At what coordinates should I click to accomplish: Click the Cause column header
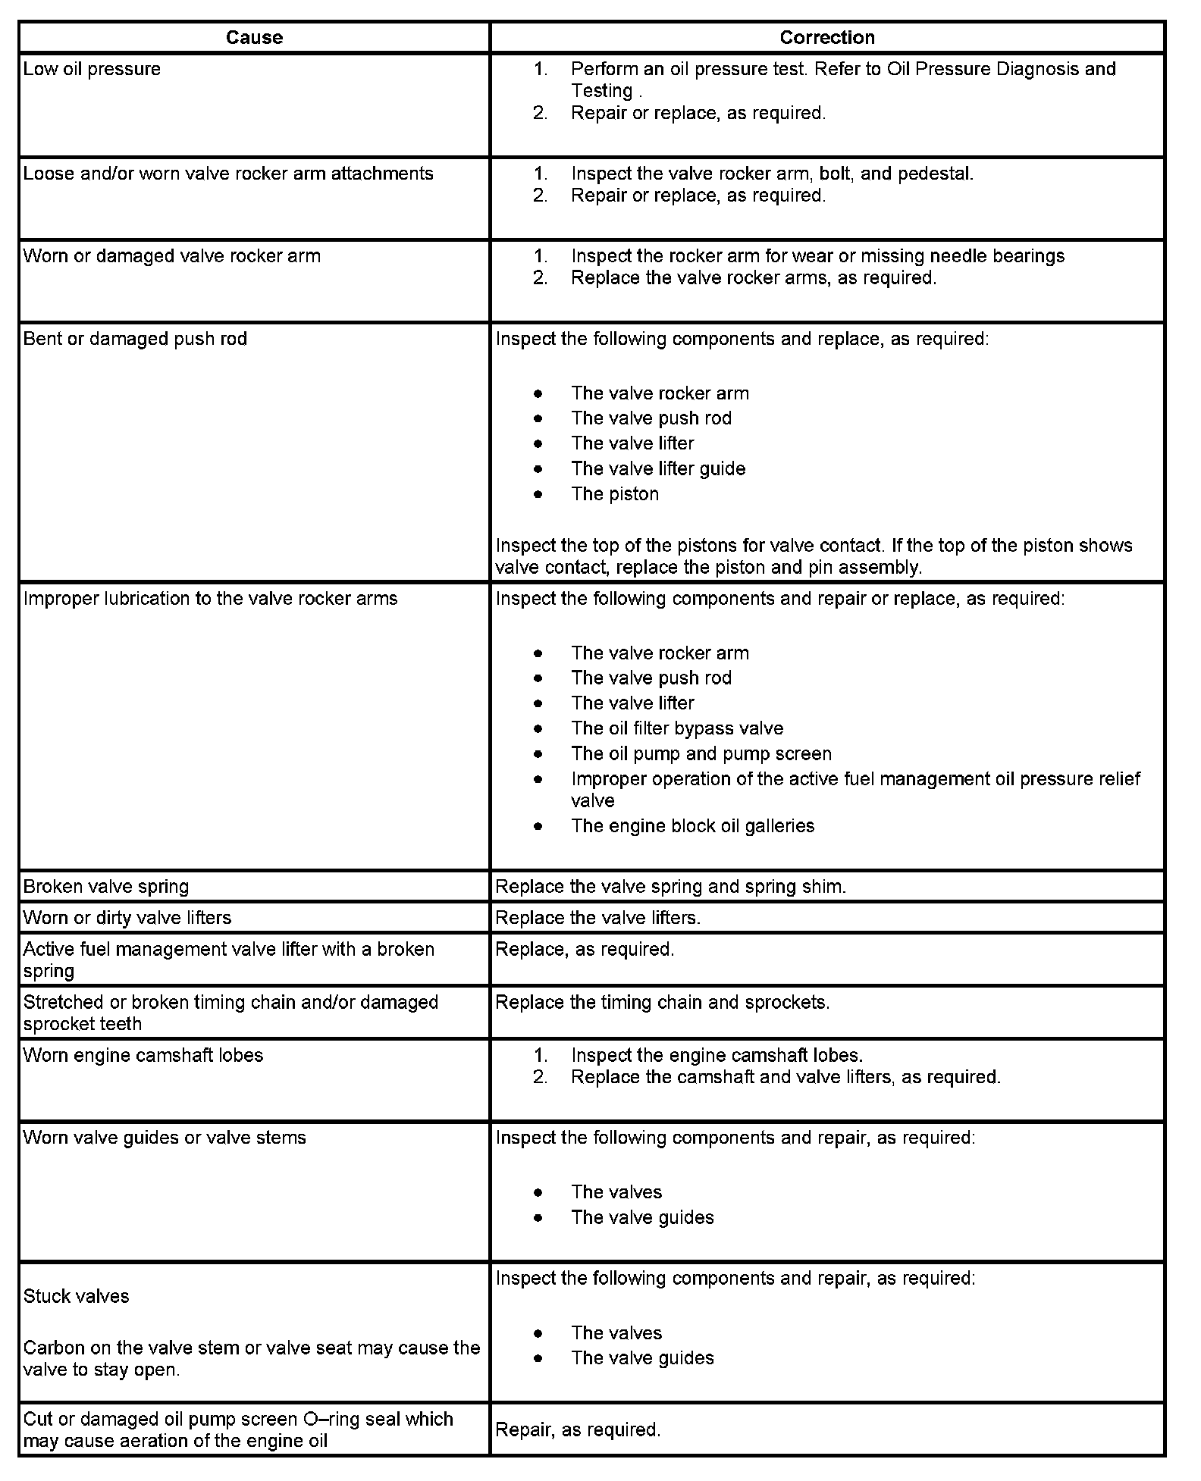tap(254, 38)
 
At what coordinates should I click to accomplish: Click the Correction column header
tap(826, 38)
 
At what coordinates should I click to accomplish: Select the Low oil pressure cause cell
tap(92, 69)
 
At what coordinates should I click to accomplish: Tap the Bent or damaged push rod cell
tap(135, 339)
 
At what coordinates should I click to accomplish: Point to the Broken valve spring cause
tap(106, 886)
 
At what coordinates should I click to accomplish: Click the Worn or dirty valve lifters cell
tap(127, 917)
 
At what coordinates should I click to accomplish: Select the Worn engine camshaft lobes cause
tap(143, 1055)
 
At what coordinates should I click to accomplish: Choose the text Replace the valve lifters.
tap(597, 917)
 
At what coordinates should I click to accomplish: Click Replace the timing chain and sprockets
tap(662, 1002)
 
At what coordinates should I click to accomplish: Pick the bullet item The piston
tap(615, 494)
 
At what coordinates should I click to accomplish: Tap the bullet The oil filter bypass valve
tap(677, 728)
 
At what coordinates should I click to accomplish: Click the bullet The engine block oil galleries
tap(692, 825)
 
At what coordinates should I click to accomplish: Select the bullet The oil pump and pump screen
tap(701, 754)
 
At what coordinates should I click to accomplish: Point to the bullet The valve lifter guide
tap(658, 468)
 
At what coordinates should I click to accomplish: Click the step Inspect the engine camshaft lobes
tap(717, 1055)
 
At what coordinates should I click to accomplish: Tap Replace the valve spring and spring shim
tap(670, 886)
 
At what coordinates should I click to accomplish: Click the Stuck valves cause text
tap(77, 1296)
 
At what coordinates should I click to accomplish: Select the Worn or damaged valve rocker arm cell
tap(172, 256)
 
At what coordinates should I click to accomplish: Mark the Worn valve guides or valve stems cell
tap(165, 1138)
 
